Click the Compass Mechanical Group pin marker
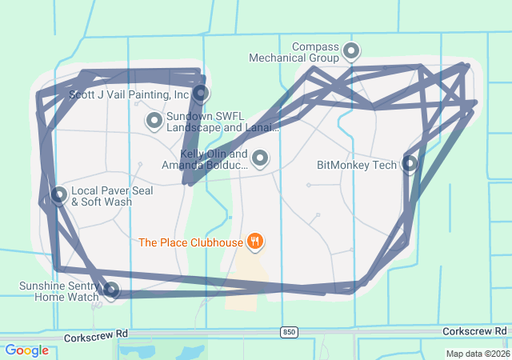coord(350,52)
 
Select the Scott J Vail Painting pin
coord(201,93)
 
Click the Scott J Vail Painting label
coord(129,94)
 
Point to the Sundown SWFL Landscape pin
coord(154,121)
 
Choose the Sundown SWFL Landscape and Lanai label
coord(222,122)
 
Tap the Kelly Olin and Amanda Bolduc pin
coord(260,158)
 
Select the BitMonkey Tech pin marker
coord(410,164)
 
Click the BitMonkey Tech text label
coord(357,166)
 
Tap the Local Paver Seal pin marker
coord(58,194)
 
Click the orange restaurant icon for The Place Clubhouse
coord(255,240)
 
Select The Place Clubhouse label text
coord(190,242)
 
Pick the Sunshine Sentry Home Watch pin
coord(111,290)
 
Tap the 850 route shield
coord(290,331)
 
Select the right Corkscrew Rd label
coord(475,330)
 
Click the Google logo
coord(26,350)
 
